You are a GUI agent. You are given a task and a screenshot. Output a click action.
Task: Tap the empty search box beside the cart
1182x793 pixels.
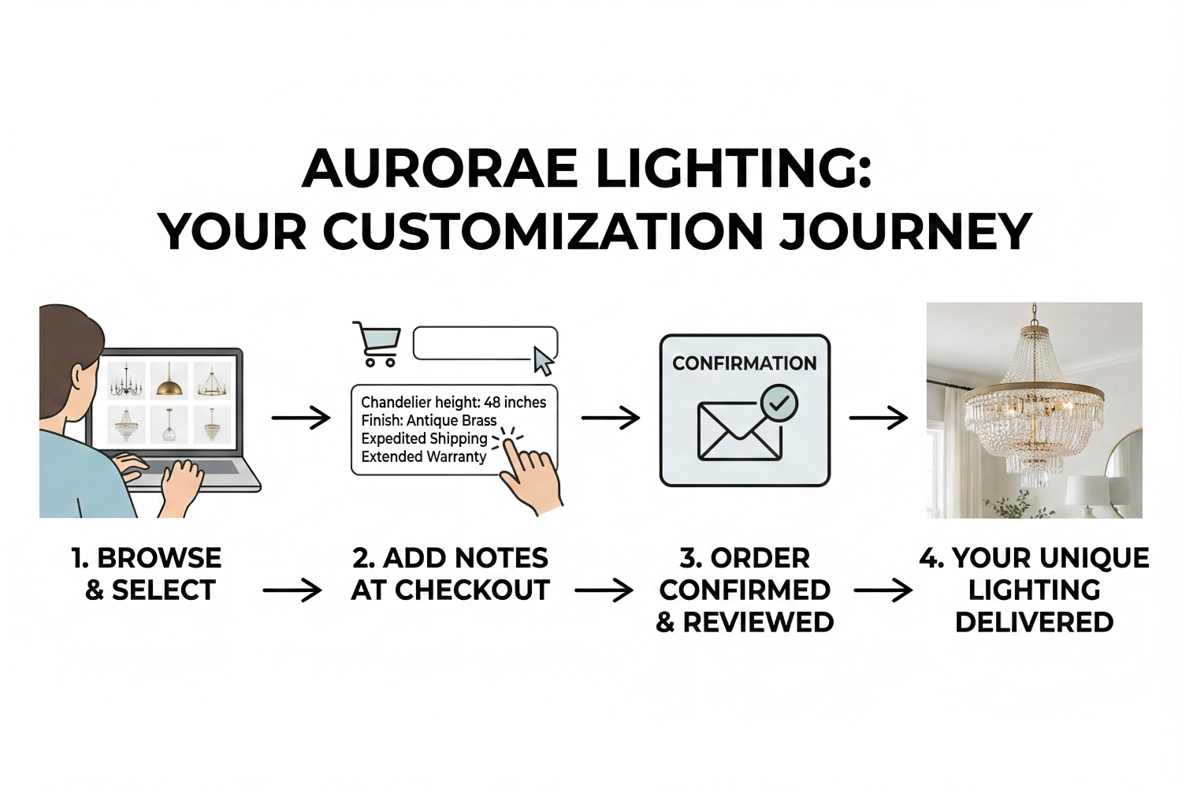click(473, 343)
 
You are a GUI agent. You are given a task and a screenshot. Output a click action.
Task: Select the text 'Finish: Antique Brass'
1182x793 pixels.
click(429, 420)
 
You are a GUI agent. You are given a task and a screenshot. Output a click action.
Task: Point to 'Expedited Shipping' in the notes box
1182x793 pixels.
click(424, 438)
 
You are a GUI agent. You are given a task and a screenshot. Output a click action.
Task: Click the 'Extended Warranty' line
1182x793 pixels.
click(423, 456)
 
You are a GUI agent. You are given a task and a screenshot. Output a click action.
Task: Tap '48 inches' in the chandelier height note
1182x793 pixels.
click(515, 402)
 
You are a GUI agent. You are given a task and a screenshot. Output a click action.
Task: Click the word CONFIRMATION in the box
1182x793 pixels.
click(744, 363)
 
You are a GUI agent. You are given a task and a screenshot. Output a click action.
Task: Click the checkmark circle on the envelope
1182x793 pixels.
click(779, 404)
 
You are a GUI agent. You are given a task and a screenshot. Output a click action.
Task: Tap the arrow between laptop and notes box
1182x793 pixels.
click(301, 418)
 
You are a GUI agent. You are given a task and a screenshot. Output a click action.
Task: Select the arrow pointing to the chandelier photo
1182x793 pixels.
click(878, 418)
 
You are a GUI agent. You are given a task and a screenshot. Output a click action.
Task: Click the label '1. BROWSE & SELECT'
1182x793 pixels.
click(147, 574)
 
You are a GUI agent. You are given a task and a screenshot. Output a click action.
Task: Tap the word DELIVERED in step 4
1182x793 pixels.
click(1034, 622)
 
